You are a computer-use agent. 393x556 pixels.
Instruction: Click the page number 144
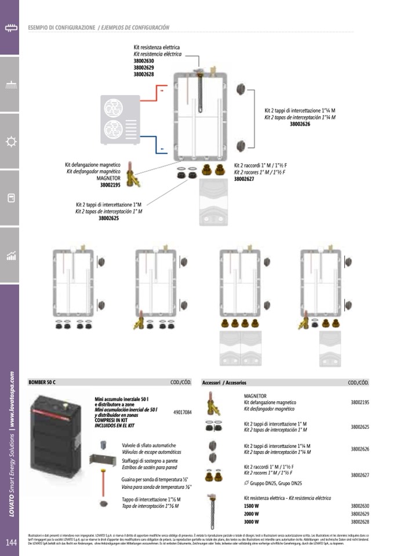11,543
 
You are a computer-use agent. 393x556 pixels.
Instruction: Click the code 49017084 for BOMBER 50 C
183,412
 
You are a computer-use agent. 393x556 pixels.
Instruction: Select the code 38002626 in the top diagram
300,124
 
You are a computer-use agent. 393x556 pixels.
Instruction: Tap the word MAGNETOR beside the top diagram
108,178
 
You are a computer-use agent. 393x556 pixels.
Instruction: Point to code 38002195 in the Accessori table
359,402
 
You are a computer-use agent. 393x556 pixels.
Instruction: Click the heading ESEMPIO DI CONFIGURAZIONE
61,27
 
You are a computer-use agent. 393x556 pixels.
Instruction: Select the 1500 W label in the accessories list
252,506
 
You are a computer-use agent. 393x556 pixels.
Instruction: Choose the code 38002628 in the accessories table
359,522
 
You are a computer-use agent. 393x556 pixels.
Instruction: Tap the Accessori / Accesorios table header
224,383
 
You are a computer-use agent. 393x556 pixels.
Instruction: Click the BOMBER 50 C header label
42,383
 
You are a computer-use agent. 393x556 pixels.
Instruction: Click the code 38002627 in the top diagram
244,179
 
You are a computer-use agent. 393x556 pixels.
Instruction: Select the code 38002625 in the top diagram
108,219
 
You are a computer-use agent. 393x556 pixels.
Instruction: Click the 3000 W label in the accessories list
252,522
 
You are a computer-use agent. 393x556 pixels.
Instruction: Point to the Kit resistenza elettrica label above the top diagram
157,47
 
